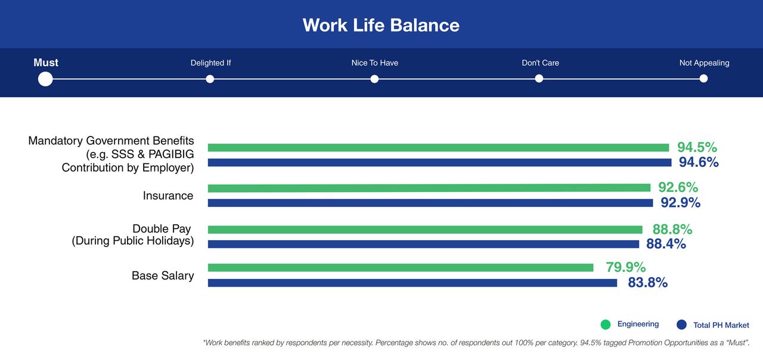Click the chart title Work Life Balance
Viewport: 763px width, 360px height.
(x=381, y=25)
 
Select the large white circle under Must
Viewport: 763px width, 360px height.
(x=45, y=79)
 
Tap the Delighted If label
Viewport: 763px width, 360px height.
(x=210, y=63)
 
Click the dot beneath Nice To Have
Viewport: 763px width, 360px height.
(x=374, y=79)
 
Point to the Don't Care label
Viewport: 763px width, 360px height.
(x=540, y=63)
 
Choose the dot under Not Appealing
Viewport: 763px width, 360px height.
(x=703, y=79)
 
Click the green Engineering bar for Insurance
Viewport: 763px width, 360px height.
(x=429, y=188)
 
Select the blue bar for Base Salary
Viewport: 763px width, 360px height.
(x=412, y=283)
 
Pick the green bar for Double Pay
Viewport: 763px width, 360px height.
(x=425, y=229)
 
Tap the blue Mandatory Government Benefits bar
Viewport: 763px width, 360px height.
(x=439, y=163)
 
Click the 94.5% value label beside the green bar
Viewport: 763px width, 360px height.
(x=697, y=147)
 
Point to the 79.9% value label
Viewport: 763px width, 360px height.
(x=626, y=267)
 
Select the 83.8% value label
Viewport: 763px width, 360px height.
(x=647, y=283)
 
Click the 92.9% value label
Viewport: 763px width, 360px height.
(x=681, y=203)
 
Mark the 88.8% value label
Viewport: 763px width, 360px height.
(x=672, y=229)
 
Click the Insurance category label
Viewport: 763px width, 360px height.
(x=168, y=195)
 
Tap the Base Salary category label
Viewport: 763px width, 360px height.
(x=163, y=275)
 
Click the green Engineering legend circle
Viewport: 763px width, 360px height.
(x=605, y=325)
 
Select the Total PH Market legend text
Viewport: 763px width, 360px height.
(x=721, y=325)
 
